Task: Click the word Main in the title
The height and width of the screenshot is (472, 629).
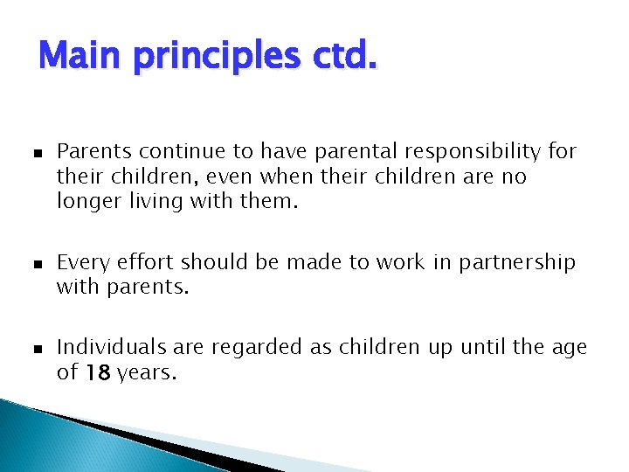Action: [81, 57]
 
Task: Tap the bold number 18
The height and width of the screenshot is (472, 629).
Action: [97, 372]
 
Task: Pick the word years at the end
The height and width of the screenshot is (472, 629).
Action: [146, 373]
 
